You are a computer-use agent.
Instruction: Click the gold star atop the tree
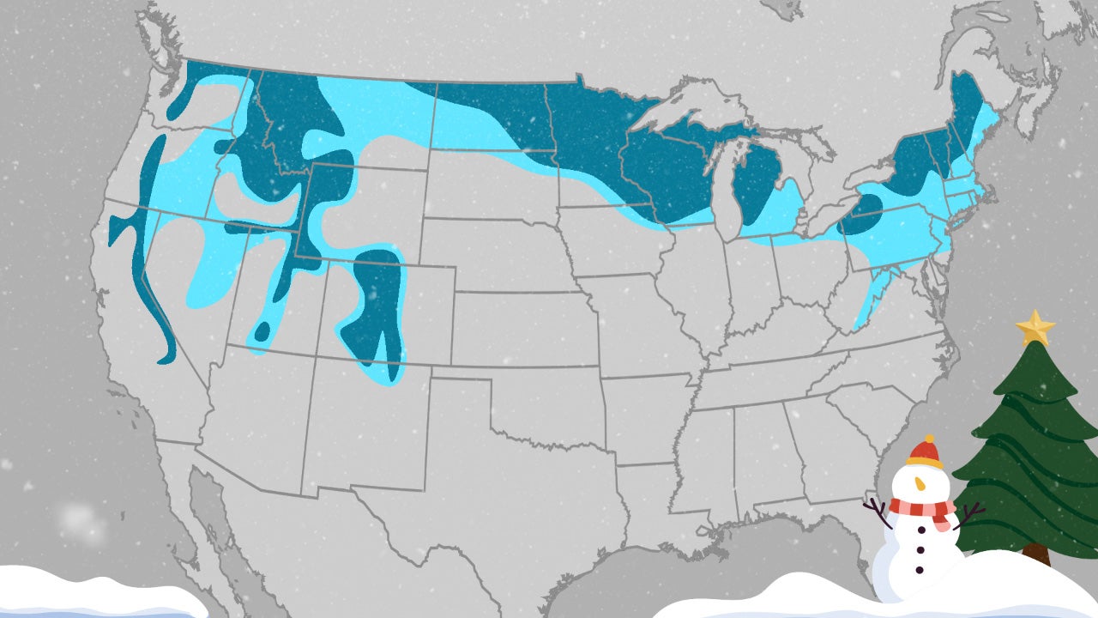click(1035, 327)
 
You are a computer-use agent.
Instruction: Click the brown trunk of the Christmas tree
click(1037, 554)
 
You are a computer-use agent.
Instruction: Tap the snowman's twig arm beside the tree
click(971, 514)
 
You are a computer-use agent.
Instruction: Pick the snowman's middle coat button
click(920, 548)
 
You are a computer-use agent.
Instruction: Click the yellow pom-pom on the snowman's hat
click(925, 439)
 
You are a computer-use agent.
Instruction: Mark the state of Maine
click(974, 120)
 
